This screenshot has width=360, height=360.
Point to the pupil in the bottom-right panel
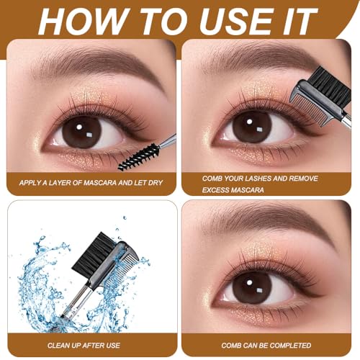(253, 286)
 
